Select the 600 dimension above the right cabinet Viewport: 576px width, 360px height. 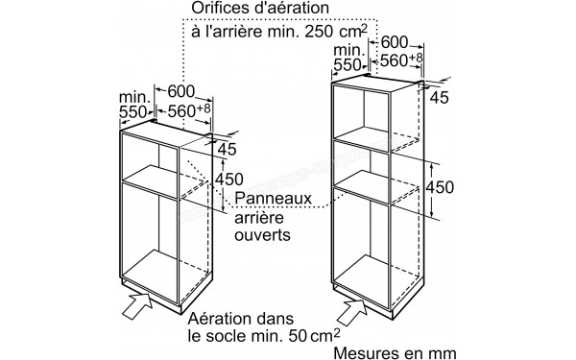click(396, 43)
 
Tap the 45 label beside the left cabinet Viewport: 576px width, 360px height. click(227, 150)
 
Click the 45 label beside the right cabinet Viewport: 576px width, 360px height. click(441, 97)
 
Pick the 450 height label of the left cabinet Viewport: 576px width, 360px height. click(227, 179)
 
